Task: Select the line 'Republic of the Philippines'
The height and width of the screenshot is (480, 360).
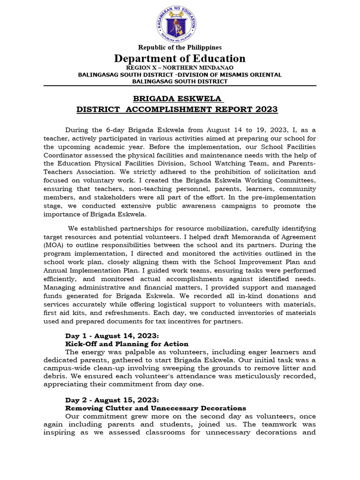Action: tap(180, 47)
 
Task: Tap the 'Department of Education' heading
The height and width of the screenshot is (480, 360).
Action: tap(180, 59)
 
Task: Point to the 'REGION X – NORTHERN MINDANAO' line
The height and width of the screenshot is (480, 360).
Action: tap(180, 67)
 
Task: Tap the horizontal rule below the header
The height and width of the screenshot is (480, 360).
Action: tap(180, 86)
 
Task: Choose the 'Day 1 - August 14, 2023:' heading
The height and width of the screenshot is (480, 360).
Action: tap(112, 336)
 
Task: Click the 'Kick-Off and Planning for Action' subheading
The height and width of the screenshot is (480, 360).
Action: tap(127, 344)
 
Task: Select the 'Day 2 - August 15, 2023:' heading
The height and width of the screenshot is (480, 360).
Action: tap(112, 400)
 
